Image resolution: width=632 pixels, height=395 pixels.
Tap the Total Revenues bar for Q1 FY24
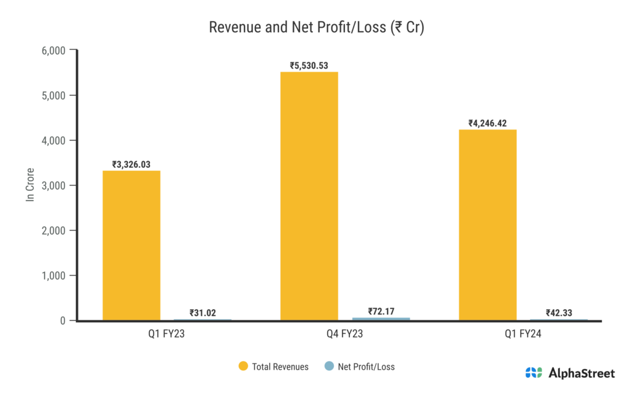point(488,225)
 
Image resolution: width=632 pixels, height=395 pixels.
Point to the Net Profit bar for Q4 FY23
point(381,319)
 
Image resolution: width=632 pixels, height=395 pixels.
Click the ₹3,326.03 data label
point(131,164)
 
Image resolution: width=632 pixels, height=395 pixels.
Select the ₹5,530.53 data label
point(309,65)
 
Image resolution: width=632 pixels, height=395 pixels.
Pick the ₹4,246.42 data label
point(488,123)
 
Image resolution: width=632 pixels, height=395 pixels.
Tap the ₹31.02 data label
point(202,313)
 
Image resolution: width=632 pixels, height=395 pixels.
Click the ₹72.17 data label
point(381,311)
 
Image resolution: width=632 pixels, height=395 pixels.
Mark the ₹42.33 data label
point(559,313)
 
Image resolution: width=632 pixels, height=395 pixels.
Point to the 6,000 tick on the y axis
point(53,50)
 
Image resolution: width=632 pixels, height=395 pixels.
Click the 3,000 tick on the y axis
point(53,185)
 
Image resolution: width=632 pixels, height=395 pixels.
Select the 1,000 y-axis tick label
point(53,275)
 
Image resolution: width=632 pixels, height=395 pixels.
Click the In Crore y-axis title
point(30,185)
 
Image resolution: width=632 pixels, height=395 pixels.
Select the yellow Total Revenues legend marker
point(243,367)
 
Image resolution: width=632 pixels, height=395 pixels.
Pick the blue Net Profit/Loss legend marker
point(329,367)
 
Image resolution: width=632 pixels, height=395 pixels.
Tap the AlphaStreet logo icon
point(533,373)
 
